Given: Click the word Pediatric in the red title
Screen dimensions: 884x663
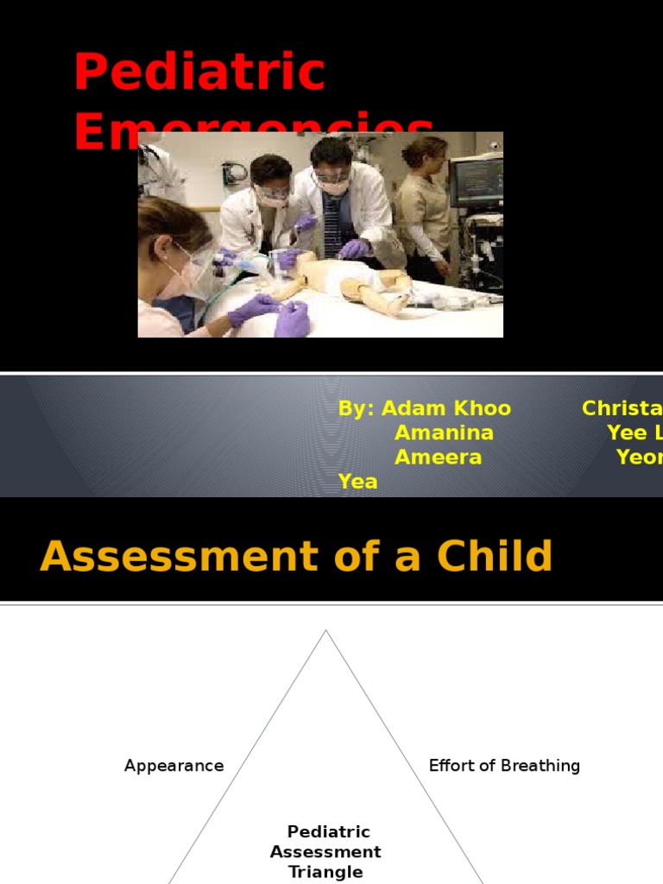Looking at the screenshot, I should coord(199,73).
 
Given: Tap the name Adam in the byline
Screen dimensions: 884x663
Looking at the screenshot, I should coord(410,408).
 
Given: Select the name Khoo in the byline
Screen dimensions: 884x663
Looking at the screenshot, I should coord(480,408).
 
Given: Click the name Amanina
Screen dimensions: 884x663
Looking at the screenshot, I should coord(444,433).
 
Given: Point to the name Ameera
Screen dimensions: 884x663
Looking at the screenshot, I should coord(438,458).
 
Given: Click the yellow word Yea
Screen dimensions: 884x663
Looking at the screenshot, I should coord(357,482).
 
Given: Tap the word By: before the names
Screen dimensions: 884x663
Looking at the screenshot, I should coord(356,408).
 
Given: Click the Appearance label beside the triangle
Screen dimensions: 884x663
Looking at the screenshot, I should coord(174,766).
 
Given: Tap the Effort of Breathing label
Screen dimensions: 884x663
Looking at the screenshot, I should coord(504,766).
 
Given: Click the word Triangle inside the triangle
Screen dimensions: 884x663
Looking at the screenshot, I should coord(325,872).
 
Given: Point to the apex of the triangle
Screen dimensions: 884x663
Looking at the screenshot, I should coord(325,631).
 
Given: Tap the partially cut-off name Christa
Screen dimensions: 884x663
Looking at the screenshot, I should coord(622,408).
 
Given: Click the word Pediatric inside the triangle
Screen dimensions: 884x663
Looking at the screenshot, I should coord(328,832).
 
